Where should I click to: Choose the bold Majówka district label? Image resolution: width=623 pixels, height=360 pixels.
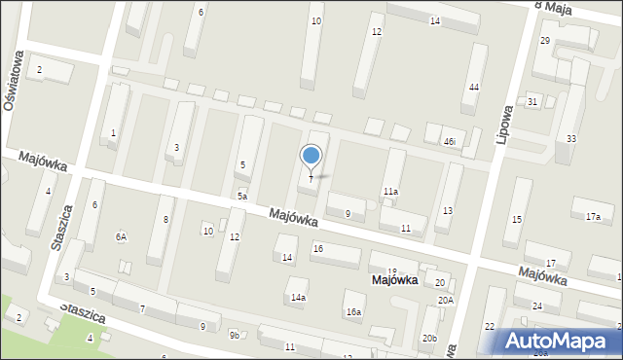click(394, 280)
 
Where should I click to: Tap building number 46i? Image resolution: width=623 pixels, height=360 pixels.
click(449, 142)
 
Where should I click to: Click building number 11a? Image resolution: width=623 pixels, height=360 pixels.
click(390, 192)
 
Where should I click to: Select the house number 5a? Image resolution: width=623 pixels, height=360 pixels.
click(240, 196)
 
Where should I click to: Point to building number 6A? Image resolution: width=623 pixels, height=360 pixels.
click(122, 236)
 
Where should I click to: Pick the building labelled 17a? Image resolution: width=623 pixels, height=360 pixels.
click(593, 215)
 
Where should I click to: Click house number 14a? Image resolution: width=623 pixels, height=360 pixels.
click(298, 297)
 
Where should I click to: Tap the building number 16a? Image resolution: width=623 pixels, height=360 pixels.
click(353, 312)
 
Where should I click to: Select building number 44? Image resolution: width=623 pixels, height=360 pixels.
click(473, 88)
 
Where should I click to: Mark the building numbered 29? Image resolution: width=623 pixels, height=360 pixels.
click(544, 40)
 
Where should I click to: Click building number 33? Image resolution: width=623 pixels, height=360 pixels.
click(570, 139)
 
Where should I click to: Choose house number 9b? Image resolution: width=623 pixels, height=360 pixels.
click(234, 336)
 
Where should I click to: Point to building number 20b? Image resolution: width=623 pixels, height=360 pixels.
click(429, 338)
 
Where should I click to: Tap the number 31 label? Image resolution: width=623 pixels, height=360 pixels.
click(532, 101)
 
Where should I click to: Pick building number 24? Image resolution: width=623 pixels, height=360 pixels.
click(537, 306)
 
